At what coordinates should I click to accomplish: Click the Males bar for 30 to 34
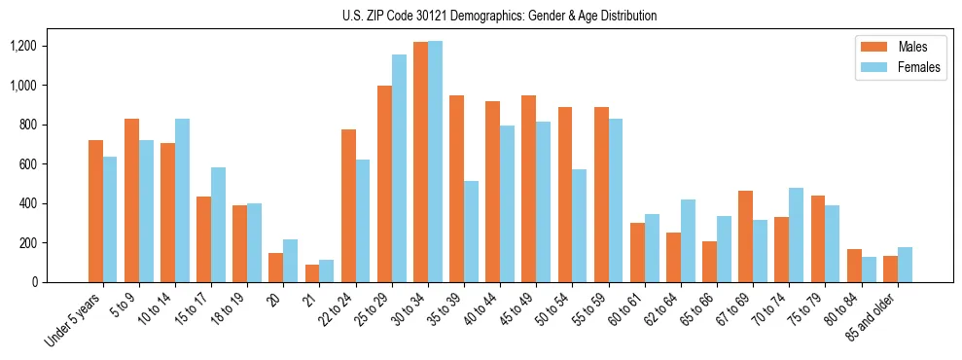point(420,162)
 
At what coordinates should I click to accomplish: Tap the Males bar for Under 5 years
point(95,211)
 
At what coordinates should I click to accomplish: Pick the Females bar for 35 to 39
point(471,232)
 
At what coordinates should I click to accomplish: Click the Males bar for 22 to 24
point(348,205)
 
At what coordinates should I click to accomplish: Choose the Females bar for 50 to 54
point(580,226)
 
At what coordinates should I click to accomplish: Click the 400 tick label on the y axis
point(54,203)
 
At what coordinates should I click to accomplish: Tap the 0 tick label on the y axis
point(60,282)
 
